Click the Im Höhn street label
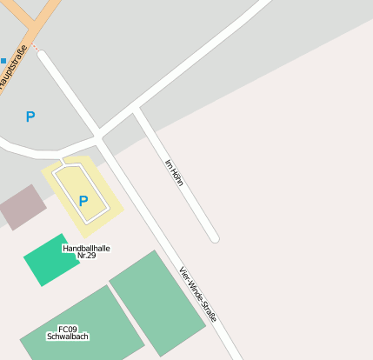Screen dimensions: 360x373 click(173, 172)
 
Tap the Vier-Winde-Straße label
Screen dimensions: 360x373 click(197, 294)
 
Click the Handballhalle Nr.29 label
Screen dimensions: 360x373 click(86, 252)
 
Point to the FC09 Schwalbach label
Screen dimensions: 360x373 click(68, 332)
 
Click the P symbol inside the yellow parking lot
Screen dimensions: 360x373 click(83, 201)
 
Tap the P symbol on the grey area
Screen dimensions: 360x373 click(30, 117)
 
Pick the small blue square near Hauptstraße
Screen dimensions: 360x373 click(3, 60)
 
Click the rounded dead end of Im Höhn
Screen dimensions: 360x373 click(214, 237)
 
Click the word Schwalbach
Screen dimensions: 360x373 click(68, 337)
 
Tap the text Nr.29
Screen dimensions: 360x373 click(86, 257)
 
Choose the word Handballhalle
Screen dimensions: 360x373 click(86, 248)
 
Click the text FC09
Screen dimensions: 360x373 click(68, 329)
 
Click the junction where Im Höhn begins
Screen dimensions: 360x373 click(137, 110)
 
